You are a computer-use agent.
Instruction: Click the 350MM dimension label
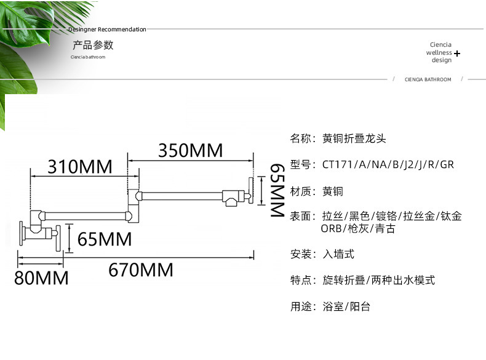click(190, 150)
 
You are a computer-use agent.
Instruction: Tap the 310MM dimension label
click(80, 167)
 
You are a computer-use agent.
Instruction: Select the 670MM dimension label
click(141, 270)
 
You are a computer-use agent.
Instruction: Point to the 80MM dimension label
click(41, 278)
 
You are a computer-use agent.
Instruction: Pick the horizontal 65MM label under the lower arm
click(105, 239)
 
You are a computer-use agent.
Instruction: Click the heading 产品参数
click(93, 45)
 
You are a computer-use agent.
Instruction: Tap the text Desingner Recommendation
click(108, 29)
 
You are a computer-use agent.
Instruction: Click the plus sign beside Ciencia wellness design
click(457, 54)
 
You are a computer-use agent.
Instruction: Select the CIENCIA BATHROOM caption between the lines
click(428, 79)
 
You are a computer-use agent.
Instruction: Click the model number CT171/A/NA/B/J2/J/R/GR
click(388, 164)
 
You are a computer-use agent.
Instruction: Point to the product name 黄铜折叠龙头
click(354, 138)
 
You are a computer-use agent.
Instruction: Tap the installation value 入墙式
click(338, 254)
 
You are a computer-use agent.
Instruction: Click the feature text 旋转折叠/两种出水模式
click(378, 280)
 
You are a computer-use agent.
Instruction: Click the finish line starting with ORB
click(358, 228)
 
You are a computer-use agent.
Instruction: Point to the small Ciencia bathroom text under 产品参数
click(88, 57)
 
